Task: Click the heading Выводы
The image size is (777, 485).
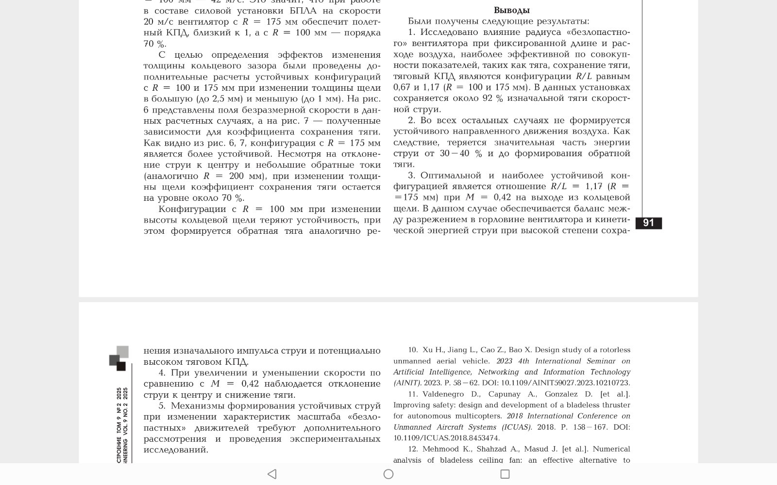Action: pos(511,10)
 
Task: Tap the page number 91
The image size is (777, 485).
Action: pos(648,223)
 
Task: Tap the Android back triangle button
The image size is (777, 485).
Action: pos(272,474)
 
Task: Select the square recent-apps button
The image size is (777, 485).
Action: pos(505,474)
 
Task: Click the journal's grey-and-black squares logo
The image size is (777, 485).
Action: pos(119,358)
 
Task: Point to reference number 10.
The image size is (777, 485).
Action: pos(413,350)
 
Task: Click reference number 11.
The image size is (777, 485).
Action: pos(413,394)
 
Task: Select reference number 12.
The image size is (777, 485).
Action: pos(413,449)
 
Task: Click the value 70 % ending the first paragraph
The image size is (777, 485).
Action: pos(154,44)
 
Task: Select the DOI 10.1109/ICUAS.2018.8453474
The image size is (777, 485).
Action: pos(446,438)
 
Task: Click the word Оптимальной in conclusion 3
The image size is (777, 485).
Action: pos(451,176)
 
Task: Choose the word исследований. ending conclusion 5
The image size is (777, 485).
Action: pos(176,450)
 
